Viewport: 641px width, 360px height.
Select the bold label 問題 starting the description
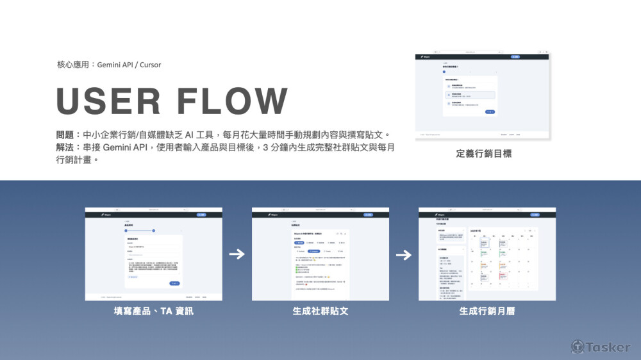click(65, 135)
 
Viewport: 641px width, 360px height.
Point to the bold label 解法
click(65, 147)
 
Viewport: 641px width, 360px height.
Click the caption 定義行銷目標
click(483, 154)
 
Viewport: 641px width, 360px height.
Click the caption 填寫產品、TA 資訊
click(153, 312)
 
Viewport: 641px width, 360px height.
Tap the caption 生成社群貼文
click(320, 312)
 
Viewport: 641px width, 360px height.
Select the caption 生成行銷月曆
click(487, 312)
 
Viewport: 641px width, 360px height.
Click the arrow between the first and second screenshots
click(237, 254)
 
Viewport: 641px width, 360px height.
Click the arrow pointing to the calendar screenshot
click(403, 254)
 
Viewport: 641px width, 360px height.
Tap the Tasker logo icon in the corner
click(578, 347)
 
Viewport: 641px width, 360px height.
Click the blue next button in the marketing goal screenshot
click(490, 112)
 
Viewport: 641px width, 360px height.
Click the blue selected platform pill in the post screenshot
click(299, 243)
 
